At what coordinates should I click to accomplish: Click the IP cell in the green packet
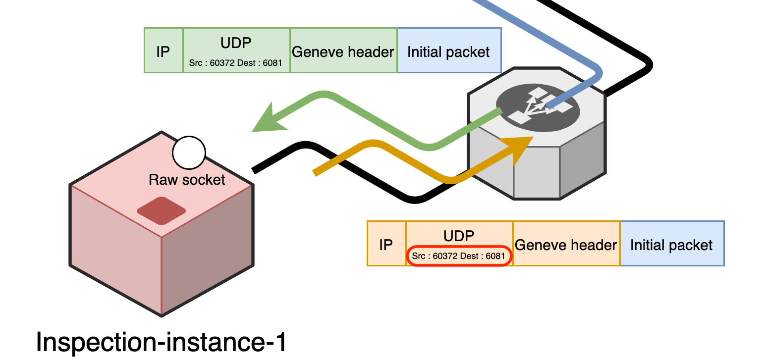pos(163,51)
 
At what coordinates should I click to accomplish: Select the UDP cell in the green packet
pos(236,51)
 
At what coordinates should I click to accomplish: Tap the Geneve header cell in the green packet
pos(343,51)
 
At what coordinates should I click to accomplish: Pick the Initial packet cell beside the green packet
pos(449,51)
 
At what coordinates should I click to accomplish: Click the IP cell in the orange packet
pos(386,244)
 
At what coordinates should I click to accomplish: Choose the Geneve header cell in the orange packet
pos(566,244)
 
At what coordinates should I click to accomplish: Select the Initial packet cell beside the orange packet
pos(671,244)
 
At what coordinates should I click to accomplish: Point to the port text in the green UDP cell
pos(236,63)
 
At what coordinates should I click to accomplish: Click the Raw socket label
pos(187,179)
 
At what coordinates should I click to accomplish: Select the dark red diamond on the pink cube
pos(161,210)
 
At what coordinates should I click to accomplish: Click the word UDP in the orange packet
pos(459,236)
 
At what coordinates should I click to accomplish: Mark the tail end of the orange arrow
pos(316,172)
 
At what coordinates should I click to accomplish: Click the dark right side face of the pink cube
pos(208,262)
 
